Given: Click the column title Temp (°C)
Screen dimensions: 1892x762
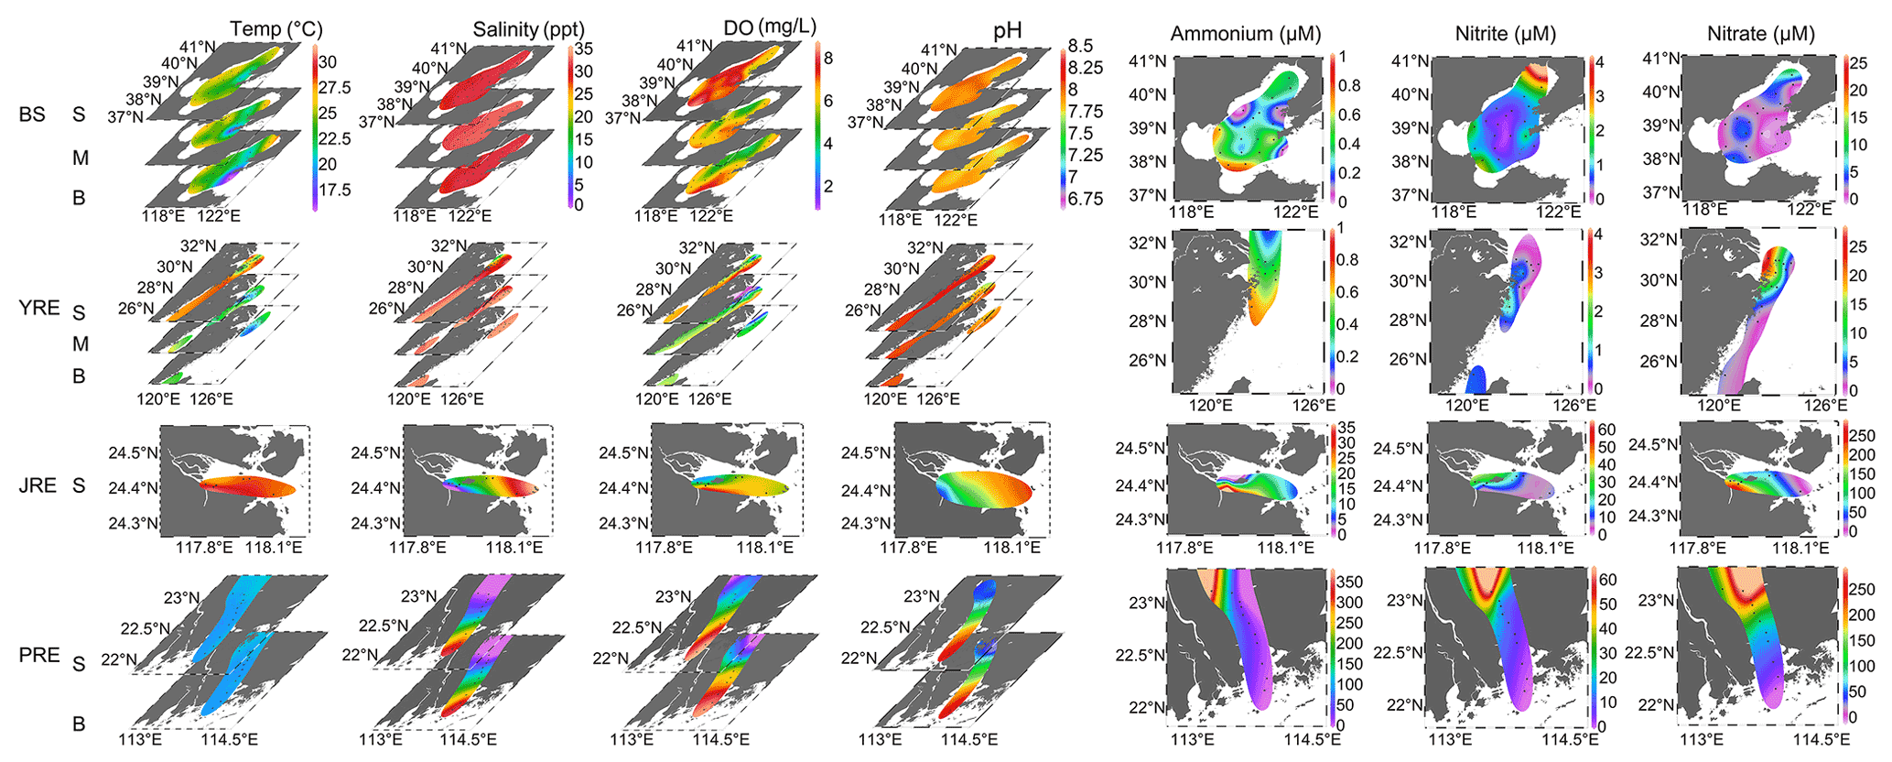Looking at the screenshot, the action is click(x=276, y=29).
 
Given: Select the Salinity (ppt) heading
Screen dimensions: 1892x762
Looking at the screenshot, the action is click(x=528, y=29).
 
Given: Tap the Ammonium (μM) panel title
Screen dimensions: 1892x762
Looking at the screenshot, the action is click(x=1246, y=35).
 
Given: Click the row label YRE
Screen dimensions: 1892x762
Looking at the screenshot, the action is click(x=39, y=308).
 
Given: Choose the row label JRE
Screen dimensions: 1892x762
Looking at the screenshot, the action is click(x=38, y=485).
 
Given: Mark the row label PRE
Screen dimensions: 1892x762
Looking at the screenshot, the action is click(x=39, y=656).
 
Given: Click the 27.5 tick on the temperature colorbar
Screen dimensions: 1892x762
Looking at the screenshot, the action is click(x=334, y=88).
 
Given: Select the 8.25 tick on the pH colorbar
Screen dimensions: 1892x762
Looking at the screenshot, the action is click(x=1086, y=68).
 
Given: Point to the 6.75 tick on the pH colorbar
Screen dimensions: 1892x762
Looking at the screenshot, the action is click(x=1086, y=199).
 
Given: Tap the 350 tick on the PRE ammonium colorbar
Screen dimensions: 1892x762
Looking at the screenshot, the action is click(x=1350, y=582).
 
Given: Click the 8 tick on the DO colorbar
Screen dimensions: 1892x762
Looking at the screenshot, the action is click(x=827, y=59).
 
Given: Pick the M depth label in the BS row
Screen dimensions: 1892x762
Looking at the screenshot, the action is click(x=81, y=158).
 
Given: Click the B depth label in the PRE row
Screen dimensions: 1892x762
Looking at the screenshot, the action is click(x=79, y=724).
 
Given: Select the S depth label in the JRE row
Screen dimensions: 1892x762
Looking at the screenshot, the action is click(x=79, y=486).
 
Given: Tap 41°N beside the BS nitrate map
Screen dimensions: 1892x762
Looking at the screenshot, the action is click(x=1661, y=59).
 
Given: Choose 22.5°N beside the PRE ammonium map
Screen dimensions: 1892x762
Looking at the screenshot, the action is click(x=1139, y=656).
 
